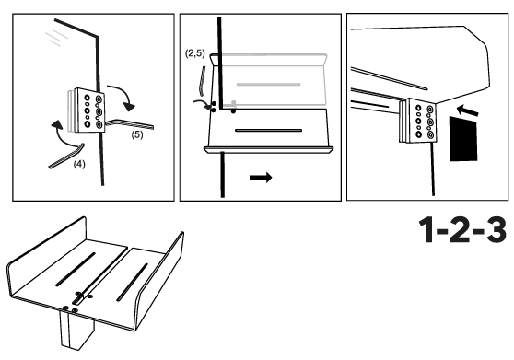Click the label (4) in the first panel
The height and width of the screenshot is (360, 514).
(79, 164)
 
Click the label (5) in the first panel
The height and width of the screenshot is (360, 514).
(137, 134)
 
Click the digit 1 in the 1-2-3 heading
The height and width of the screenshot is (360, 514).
(427, 229)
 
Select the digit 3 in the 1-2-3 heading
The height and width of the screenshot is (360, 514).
(495, 229)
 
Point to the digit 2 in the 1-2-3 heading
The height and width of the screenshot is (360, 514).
(461, 229)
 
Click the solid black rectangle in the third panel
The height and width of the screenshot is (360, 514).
(463, 138)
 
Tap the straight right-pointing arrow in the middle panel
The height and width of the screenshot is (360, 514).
(261, 178)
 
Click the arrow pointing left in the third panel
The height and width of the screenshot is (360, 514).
(468, 110)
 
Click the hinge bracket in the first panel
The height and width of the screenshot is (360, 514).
(87, 110)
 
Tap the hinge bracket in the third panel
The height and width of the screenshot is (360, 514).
(418, 121)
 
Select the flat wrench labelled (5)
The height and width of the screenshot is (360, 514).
(130, 123)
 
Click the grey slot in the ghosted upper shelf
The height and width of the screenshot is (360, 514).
(268, 84)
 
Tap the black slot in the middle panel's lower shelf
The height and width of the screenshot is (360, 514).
(268, 131)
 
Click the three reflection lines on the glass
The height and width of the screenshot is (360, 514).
(56, 38)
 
